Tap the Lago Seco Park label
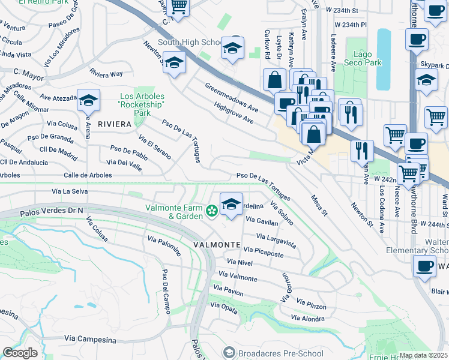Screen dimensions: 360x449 [363, 58]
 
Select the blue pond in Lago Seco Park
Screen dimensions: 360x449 [382, 58]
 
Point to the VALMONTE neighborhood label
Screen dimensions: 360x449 [217, 245]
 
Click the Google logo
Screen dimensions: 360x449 [20, 353]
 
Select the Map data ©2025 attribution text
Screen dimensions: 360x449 [423, 355]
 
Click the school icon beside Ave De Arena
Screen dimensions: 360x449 [88, 100]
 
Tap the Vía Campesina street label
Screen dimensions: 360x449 [88, 340]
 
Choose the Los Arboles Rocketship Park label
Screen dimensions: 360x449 [143, 104]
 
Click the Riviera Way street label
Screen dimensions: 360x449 [106, 74]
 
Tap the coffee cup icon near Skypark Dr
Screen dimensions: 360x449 [416, 40]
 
